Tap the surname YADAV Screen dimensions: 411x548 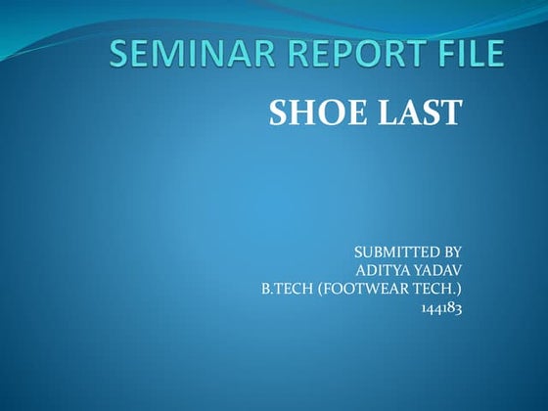pyautogui.click(x=438, y=270)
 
